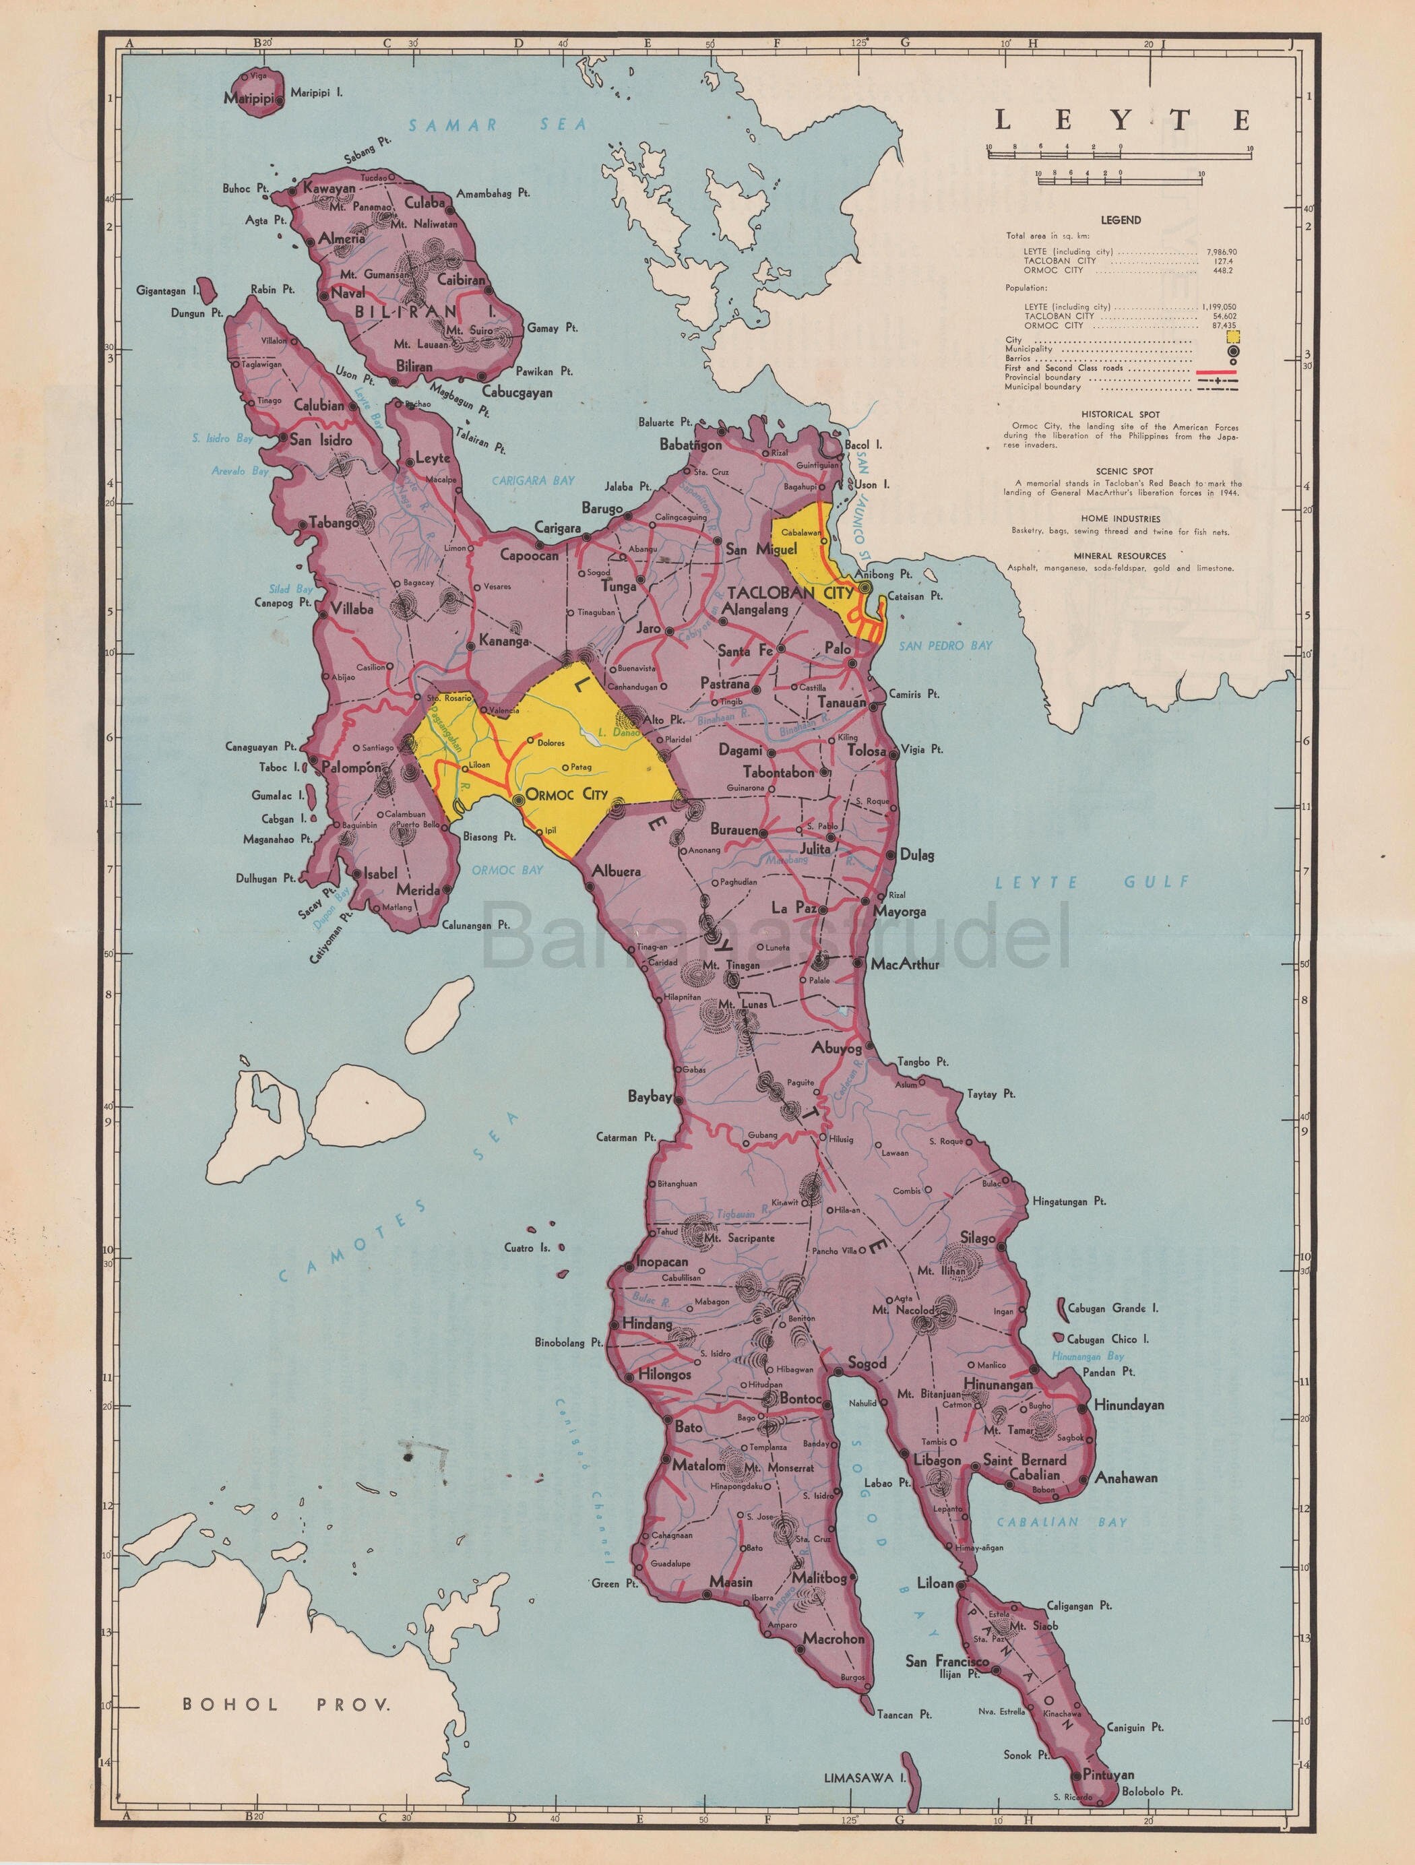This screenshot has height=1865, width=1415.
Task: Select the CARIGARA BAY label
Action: pos(533,480)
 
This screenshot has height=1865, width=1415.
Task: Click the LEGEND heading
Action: pos(1120,220)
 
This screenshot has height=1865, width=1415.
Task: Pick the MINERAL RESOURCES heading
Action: pos(1121,556)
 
